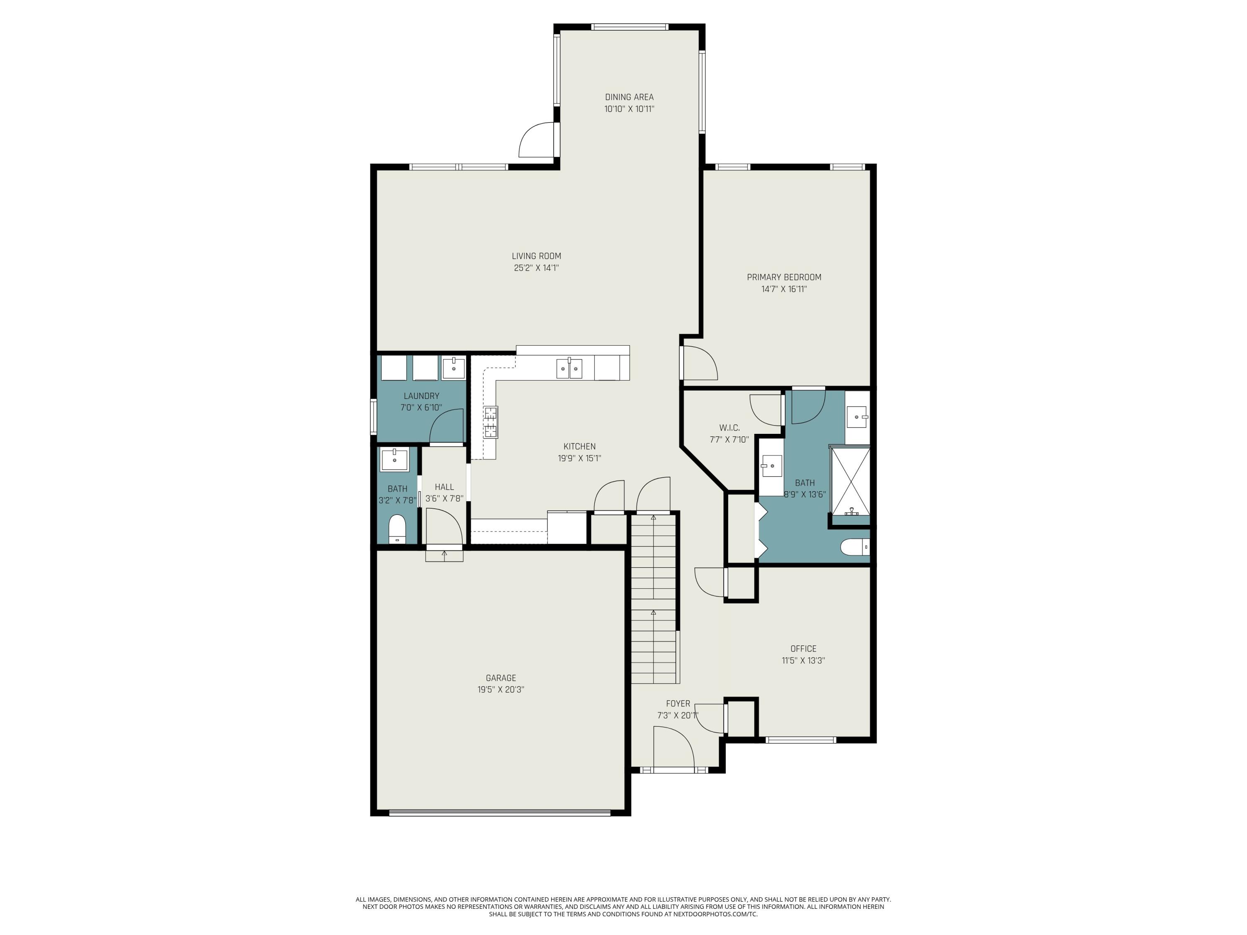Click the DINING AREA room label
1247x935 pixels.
point(629,97)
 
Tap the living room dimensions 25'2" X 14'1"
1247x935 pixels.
point(536,268)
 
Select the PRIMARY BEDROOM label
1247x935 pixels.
point(784,277)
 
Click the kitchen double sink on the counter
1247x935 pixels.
point(569,369)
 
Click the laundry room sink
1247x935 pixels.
point(453,368)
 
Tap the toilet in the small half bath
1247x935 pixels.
point(397,529)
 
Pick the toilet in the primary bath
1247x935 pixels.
point(855,547)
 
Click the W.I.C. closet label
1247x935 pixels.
point(729,428)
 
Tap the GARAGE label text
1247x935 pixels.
point(500,678)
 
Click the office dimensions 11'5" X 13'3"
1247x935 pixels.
point(803,661)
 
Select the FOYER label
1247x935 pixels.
point(678,704)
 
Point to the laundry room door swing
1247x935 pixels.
point(446,427)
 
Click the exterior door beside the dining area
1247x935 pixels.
point(537,140)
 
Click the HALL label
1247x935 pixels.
point(444,487)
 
